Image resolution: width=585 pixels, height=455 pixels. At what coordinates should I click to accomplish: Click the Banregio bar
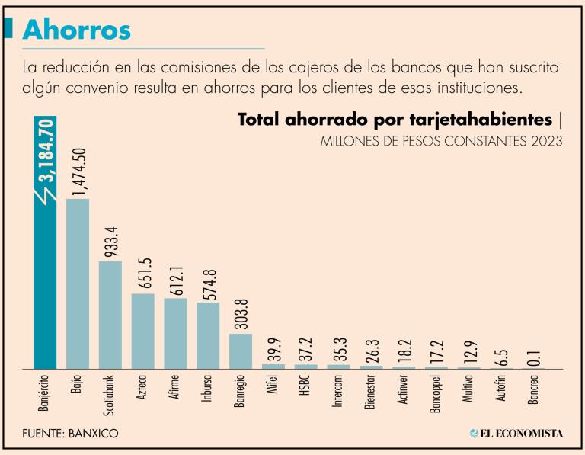click(x=241, y=351)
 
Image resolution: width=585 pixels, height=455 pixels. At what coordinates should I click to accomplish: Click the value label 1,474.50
click(x=78, y=172)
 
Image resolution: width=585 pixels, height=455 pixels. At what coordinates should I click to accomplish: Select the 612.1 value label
click(x=176, y=274)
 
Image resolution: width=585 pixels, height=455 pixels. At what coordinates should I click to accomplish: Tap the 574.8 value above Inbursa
click(x=209, y=278)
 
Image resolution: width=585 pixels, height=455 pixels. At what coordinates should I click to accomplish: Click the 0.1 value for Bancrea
click(x=535, y=354)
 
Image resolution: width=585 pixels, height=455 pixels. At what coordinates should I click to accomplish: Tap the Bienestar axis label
click(x=371, y=393)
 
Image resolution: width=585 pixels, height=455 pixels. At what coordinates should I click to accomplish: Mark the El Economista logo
click(x=516, y=434)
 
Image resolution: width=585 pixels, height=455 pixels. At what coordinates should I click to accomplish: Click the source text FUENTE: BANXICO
click(x=71, y=434)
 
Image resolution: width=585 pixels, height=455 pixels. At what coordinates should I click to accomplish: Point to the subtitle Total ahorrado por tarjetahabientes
click(x=394, y=120)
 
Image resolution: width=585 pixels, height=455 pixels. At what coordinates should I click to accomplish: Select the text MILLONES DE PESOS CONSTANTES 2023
click(x=442, y=142)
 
